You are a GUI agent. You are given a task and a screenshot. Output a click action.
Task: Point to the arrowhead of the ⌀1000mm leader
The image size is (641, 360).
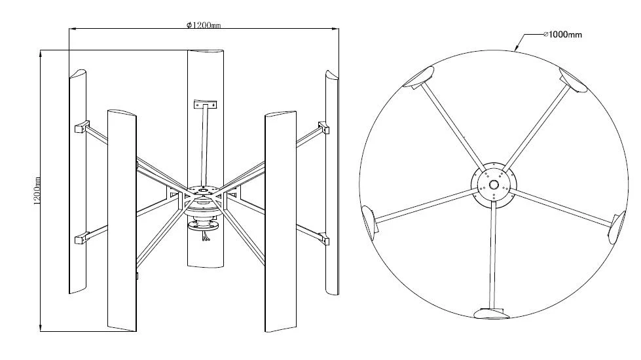[517, 50]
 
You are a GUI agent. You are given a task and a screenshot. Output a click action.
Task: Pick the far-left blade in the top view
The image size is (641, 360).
[369, 221]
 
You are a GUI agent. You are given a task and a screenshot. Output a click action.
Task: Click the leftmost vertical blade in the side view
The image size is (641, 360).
[77, 183]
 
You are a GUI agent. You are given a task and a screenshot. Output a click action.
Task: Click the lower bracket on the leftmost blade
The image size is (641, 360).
[82, 238]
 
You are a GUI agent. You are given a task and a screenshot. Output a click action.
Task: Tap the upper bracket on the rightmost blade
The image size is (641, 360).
[322, 126]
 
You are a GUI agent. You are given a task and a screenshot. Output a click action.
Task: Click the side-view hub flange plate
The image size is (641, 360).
[204, 192]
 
